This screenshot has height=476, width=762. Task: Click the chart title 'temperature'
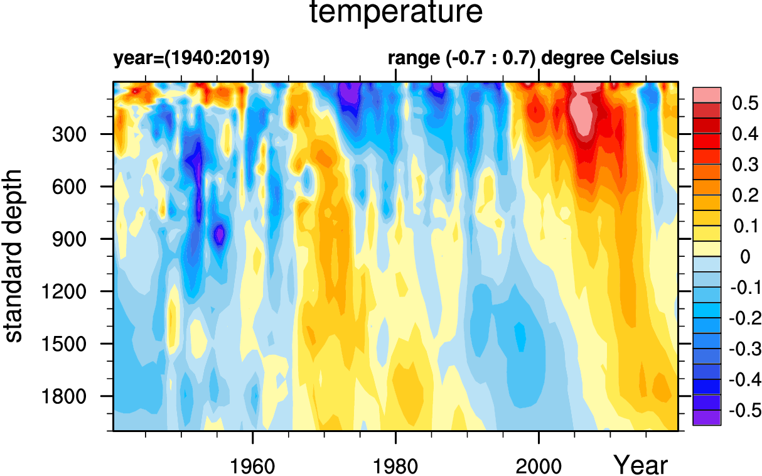point(396,14)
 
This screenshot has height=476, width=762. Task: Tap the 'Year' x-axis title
point(640,465)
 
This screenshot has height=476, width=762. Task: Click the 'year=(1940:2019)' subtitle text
point(191,58)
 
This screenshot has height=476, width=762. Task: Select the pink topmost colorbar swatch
point(706,95)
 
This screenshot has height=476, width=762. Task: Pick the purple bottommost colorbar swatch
point(706,418)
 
